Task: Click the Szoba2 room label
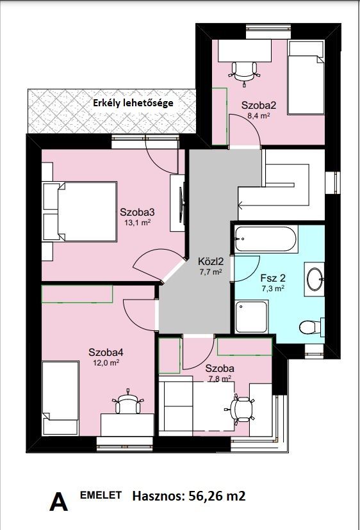259,105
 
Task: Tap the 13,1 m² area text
135,223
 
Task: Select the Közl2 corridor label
209,261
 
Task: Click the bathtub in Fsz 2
266,239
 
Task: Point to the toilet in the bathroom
312,327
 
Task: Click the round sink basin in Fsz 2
315,279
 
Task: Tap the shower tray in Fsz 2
251,317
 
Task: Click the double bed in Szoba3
79,212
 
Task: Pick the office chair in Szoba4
127,402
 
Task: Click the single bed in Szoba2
306,77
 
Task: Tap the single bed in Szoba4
60,398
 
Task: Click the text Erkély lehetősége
133,102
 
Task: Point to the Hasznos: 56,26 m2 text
189,496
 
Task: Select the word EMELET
101,495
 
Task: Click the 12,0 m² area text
106,363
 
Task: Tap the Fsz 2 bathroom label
273,278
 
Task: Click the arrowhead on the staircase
240,204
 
